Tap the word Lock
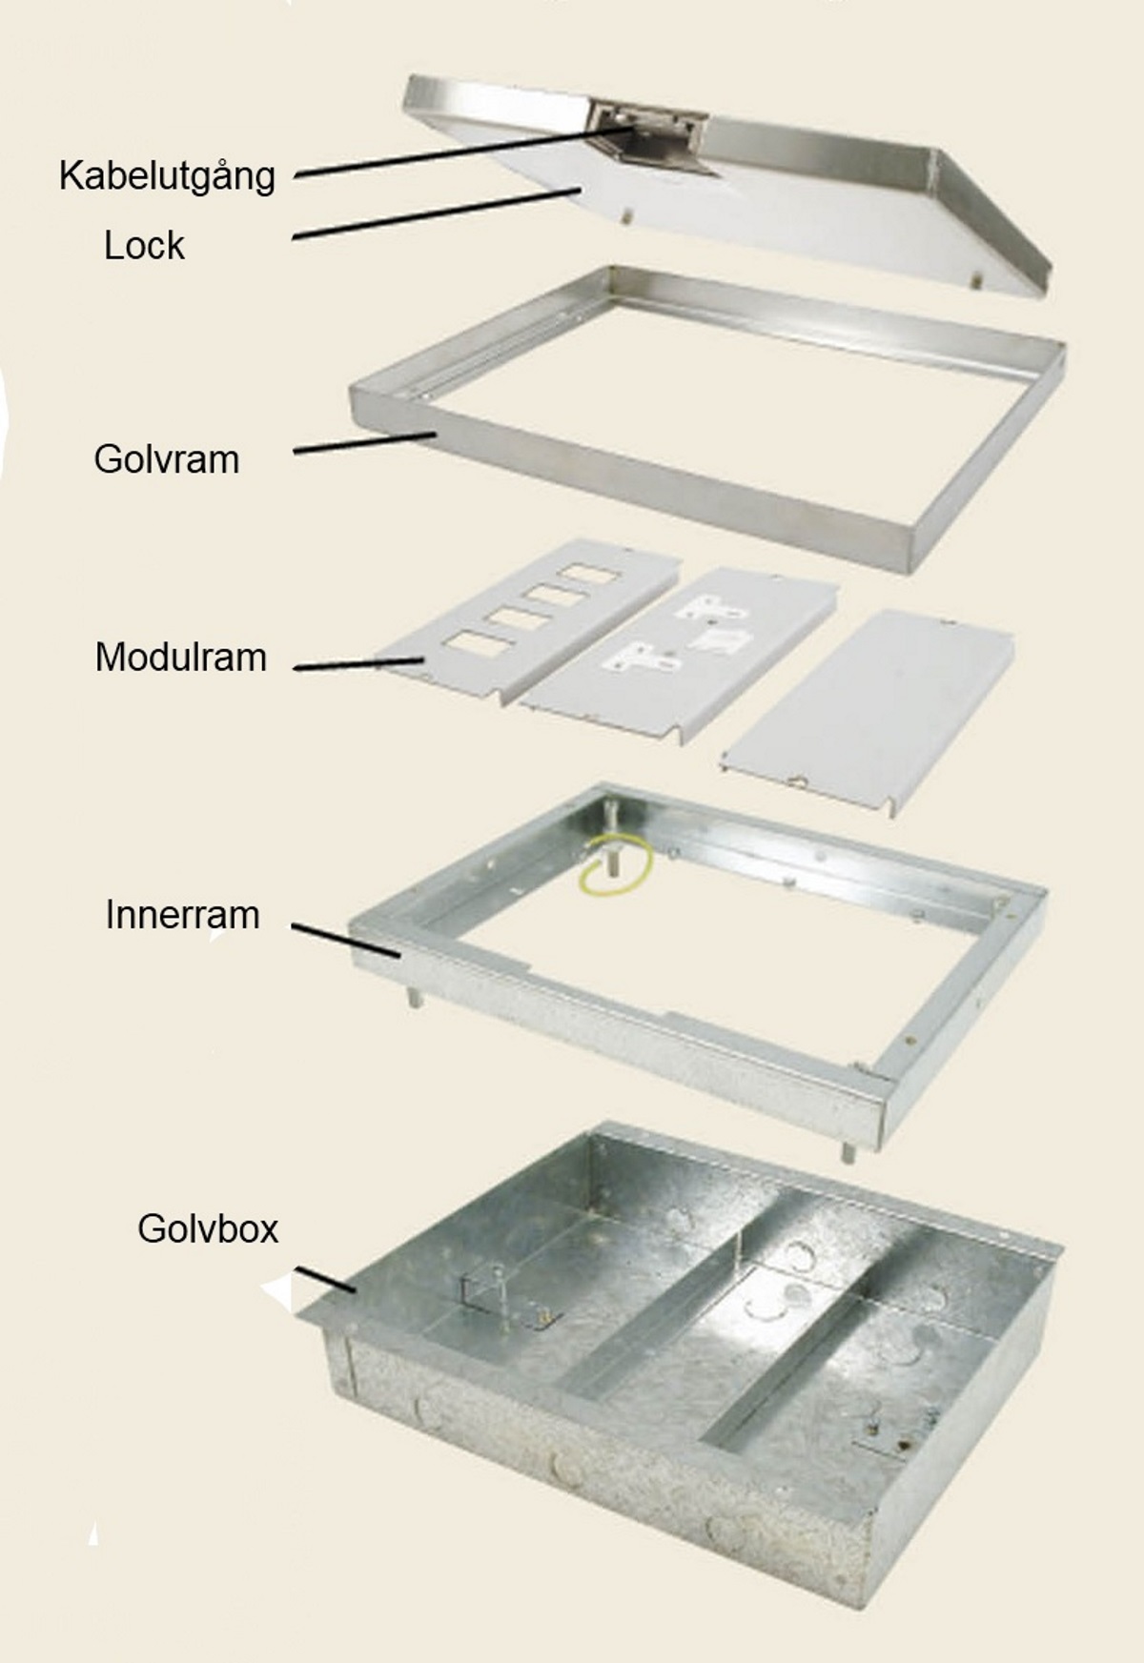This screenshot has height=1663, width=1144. click(x=144, y=246)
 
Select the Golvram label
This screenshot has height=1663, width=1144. click(x=166, y=459)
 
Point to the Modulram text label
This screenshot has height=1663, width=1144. click(x=180, y=658)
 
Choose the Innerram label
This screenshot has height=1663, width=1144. click(x=182, y=915)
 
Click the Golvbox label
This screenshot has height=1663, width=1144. click(x=208, y=1228)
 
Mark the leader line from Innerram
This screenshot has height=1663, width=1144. click(x=345, y=939)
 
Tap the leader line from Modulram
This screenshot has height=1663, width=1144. click(x=357, y=663)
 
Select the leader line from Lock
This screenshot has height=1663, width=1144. click(x=437, y=214)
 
